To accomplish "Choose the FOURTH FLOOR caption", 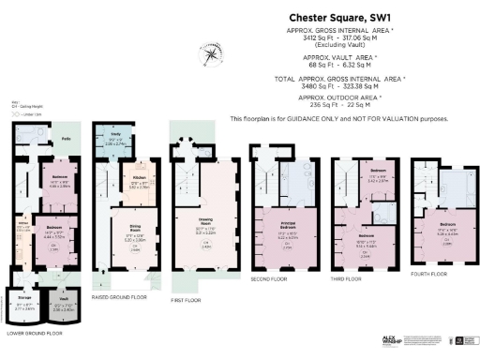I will click(445, 273).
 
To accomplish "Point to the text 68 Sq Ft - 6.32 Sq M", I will click(340, 63).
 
